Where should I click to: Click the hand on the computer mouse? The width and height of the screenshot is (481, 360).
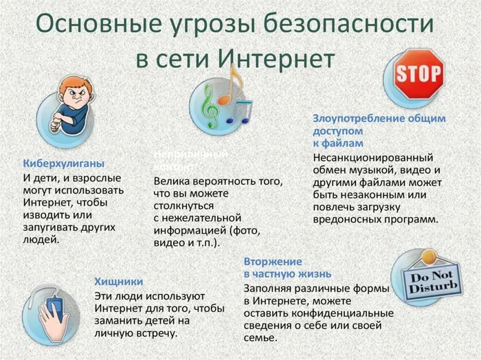click(x=54, y=313)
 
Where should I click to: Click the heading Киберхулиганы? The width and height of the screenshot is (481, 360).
click(x=64, y=164)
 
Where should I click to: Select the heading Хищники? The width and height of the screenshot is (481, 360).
click(x=118, y=281)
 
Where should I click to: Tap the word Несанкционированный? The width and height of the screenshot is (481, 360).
click(x=368, y=157)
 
